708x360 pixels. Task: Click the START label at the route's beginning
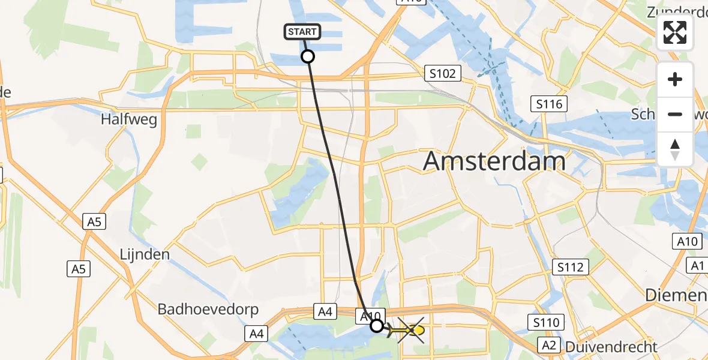tap(303, 32)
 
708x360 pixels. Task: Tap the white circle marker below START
tap(307, 57)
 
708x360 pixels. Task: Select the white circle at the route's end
tap(376, 326)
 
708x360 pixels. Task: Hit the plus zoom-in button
tap(675, 80)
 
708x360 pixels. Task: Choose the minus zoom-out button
tap(675, 114)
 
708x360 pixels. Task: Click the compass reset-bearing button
tap(675, 149)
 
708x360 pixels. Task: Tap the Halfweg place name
tap(129, 119)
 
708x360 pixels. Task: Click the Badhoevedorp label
tap(208, 310)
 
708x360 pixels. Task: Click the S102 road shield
tap(443, 74)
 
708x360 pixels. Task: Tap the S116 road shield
tap(549, 104)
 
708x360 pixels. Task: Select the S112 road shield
tap(570, 267)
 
